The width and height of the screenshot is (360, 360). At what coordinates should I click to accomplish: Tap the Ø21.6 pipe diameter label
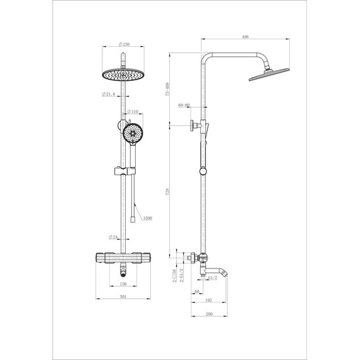(x=111, y=95)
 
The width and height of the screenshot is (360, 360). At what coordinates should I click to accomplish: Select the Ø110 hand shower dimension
(x=133, y=112)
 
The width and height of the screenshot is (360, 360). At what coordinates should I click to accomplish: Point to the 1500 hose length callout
(x=147, y=218)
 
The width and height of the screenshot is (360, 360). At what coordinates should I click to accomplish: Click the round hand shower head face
(x=133, y=133)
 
